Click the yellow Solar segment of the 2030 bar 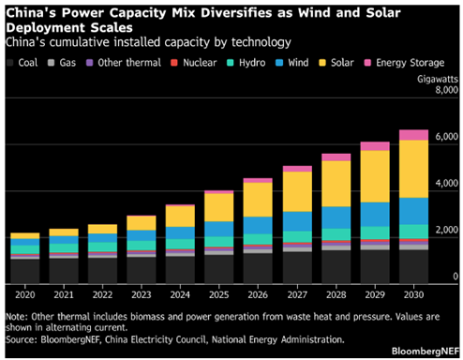[413, 169]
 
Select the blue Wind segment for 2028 [336, 217]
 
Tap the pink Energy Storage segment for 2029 [375, 146]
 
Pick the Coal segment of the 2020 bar [25, 271]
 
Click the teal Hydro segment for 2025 [219, 242]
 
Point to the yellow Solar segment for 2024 [180, 217]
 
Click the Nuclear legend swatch [174, 63]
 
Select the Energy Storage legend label [410, 63]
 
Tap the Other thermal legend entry [124, 63]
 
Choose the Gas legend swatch [51, 63]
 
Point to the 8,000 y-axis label [447, 90]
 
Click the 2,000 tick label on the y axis [447, 230]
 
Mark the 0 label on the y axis [456, 277]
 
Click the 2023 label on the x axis [142, 294]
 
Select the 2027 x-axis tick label [297, 294]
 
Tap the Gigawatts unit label [438, 80]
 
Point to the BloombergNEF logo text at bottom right [426, 351]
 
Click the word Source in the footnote [21, 339]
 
